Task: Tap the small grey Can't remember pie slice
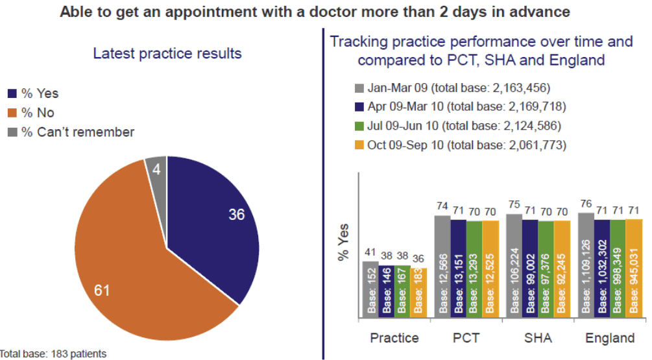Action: (156, 168)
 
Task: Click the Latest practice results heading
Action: (167, 53)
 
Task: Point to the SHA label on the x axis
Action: (538, 338)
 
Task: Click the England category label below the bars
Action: (610, 338)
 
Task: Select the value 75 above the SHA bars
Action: (514, 205)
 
